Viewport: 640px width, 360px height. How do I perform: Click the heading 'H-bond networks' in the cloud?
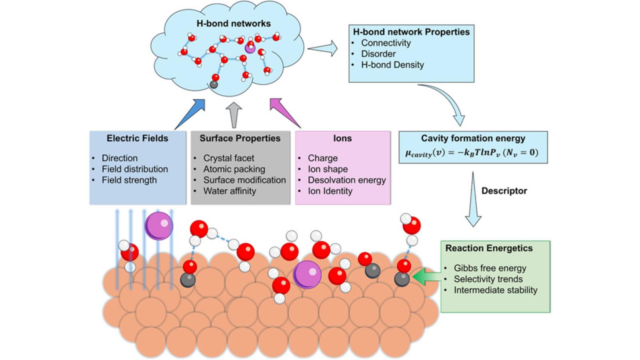[x=234, y=24]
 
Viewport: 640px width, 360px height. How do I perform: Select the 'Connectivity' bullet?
[x=386, y=43]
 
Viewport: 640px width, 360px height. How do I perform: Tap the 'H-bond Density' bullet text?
[x=392, y=65]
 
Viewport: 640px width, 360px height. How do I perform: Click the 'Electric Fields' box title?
[x=137, y=138]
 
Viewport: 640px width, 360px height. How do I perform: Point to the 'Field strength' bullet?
[x=129, y=180]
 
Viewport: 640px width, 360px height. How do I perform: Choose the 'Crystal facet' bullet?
[x=228, y=158]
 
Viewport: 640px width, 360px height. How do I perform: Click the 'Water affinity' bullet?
[x=229, y=191]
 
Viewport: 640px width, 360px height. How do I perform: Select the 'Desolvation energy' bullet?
[x=346, y=180]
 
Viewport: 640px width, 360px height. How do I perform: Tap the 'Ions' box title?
[x=342, y=138]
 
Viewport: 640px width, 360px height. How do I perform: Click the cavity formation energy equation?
[x=472, y=153]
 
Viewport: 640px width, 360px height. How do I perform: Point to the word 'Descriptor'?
[x=504, y=191]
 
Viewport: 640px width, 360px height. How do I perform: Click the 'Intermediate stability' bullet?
[x=495, y=290]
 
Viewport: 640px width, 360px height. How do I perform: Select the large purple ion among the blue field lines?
[x=159, y=226]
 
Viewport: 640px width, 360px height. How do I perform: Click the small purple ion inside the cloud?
[x=250, y=48]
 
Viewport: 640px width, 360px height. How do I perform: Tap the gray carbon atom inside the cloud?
[x=214, y=84]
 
